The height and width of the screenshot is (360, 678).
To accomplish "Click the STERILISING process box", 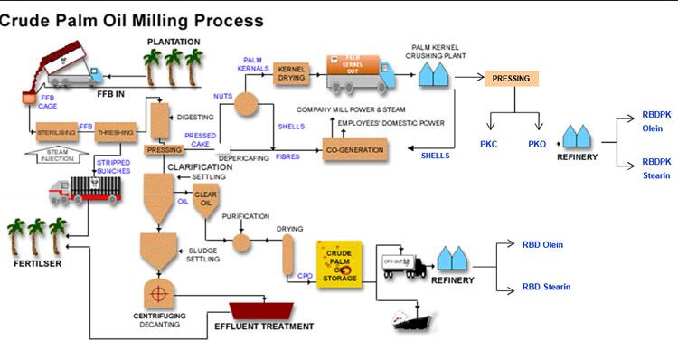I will (55, 133).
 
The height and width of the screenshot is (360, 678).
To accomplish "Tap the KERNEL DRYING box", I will (292, 75).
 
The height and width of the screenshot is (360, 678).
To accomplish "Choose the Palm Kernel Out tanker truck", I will (359, 72).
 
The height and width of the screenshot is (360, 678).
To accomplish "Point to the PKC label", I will (488, 143).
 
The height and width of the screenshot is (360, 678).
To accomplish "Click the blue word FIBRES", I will (288, 156).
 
